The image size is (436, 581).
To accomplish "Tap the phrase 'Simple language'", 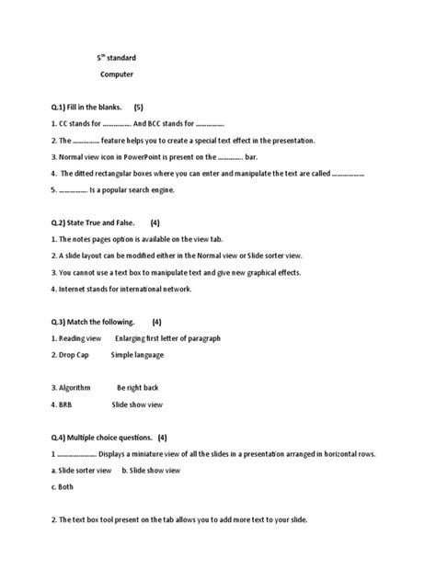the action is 137,355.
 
